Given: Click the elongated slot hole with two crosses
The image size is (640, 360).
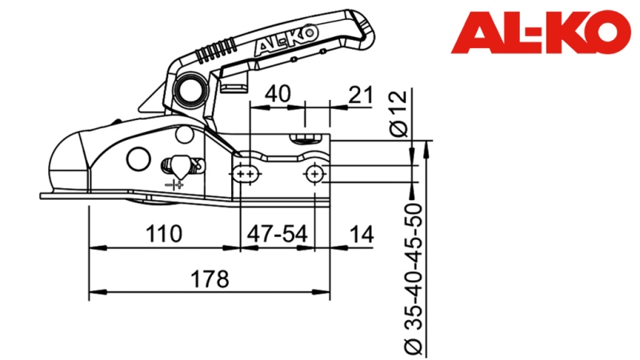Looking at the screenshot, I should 246,174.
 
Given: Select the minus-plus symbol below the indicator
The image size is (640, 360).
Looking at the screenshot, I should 174,185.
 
